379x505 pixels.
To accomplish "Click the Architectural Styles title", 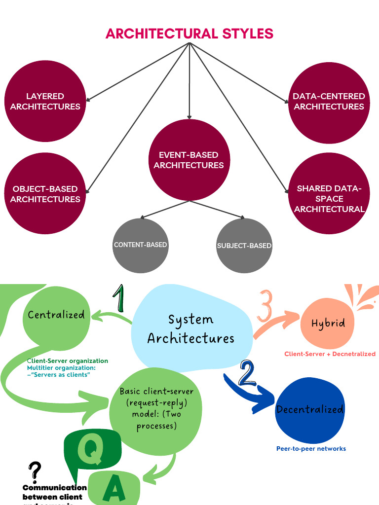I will coord(189,34).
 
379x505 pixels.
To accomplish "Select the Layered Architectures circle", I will coord(45,101).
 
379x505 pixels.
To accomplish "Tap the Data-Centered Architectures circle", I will coord(329,101).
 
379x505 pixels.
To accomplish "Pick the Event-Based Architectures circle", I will coord(189,160).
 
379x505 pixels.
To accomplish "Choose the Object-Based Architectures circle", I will coord(45,194).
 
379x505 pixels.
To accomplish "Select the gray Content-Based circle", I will coord(141,245).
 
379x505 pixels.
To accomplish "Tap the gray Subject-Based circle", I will coord(244,245).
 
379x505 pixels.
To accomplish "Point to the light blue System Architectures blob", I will coord(191,328).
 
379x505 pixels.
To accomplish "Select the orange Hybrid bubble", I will coord(328,324).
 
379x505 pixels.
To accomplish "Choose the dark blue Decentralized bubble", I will coord(309,409).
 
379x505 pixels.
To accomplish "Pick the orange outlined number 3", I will coord(265,306).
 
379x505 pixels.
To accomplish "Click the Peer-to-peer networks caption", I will coord(311,448).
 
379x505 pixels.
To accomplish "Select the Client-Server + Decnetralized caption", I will coord(330,354).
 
